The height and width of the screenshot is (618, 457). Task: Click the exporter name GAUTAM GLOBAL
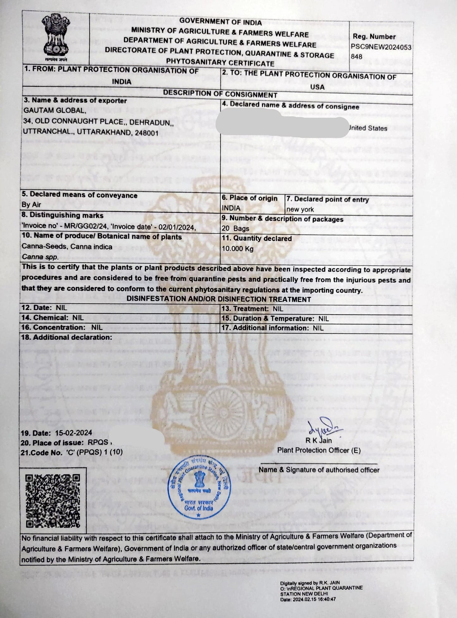[x=54, y=111]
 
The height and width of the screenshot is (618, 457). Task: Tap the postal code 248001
[x=146, y=133]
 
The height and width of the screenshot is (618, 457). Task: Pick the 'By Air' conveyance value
[x=31, y=205]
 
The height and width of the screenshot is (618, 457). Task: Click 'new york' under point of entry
[x=300, y=209]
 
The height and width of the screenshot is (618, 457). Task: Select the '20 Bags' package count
[x=235, y=228]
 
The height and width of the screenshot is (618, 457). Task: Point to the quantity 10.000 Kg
[x=238, y=249]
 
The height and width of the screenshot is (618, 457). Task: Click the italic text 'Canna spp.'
[x=40, y=257]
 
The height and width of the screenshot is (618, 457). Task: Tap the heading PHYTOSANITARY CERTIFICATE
[x=220, y=63]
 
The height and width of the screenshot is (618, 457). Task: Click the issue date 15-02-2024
[x=74, y=433]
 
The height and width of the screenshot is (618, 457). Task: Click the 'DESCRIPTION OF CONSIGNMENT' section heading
[x=220, y=94]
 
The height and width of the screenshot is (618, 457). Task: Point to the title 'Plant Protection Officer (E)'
[x=319, y=450]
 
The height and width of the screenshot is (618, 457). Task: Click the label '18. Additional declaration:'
[x=66, y=337]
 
